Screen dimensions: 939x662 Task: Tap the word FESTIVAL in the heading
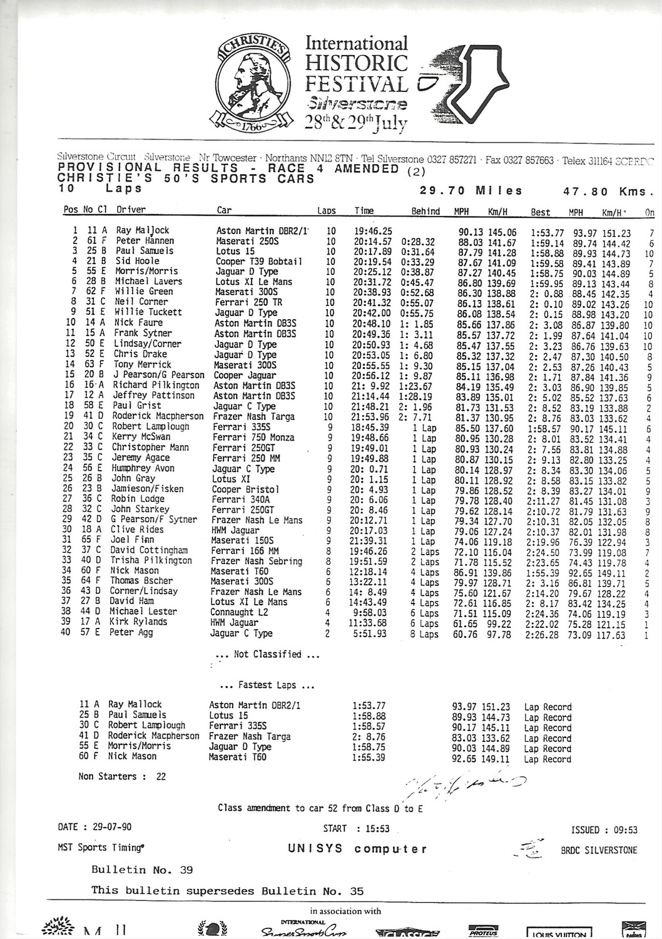[356, 83]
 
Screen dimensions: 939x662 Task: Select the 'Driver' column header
[131, 210]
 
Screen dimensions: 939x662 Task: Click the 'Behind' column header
[425, 211]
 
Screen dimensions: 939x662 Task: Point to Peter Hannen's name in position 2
[145, 240]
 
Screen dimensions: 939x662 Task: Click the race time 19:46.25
[374, 230]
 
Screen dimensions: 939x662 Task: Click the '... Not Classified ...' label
[267, 654]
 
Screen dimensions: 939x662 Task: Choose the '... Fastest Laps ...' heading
[267, 685]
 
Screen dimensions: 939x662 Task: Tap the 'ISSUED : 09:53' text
[604, 830]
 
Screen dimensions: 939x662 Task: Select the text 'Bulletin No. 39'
[142, 870]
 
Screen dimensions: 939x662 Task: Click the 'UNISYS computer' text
[358, 849]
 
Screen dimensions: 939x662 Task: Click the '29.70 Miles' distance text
[471, 190]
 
